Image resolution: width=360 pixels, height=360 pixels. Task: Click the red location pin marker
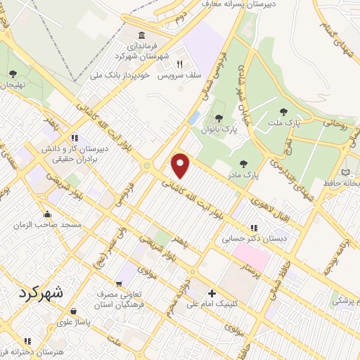[181, 165]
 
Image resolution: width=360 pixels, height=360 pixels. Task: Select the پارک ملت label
[283, 124]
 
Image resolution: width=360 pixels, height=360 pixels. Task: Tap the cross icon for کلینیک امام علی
[212, 293]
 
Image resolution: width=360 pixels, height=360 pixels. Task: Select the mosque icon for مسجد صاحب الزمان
[47, 214]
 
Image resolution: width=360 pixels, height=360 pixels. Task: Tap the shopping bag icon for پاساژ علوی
[73, 310]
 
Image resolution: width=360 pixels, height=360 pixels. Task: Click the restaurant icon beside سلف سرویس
[180, 63]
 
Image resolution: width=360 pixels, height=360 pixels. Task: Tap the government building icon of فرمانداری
[143, 36]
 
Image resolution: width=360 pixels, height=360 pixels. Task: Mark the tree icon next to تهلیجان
[13, 73]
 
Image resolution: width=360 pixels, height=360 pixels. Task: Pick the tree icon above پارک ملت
[283, 112]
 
